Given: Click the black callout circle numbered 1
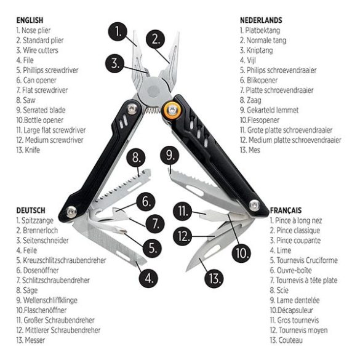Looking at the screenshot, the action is tap(118, 31).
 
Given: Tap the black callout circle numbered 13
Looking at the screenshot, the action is tap(214, 279).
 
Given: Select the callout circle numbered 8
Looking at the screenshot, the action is tap(136, 158).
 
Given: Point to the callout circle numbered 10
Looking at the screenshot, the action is tap(241, 253).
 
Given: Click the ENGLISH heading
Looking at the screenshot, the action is tap(30, 20).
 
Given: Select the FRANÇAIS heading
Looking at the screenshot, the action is tap(286, 210).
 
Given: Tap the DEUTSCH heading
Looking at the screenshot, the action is tap(31, 210).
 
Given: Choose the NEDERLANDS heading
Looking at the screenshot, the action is tap(261, 20).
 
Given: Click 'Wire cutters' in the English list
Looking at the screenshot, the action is tap(41, 50).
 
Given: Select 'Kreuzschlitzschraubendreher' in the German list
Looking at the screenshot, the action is tap(64, 260).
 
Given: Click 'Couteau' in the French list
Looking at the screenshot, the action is tap(290, 340).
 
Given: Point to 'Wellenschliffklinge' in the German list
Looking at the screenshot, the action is tap(50, 300).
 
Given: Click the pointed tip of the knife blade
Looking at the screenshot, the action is tap(186, 270).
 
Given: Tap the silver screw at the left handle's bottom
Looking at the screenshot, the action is tap(71, 212).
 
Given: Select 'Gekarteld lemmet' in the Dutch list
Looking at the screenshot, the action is tap(273, 110).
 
